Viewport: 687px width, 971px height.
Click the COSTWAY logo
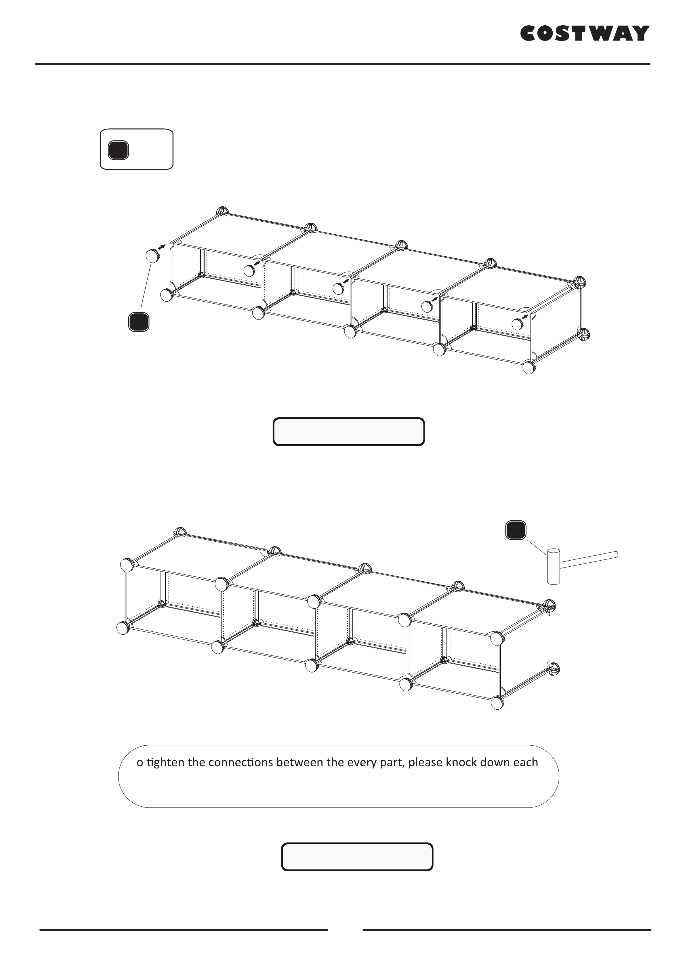585,33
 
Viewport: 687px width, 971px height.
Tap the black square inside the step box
119,150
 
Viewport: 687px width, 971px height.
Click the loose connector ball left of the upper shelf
152,256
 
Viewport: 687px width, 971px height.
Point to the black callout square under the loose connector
139,321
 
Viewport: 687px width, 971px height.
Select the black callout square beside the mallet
516,530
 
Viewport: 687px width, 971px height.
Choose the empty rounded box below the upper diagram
349,432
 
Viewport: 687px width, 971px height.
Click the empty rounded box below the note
357,857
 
